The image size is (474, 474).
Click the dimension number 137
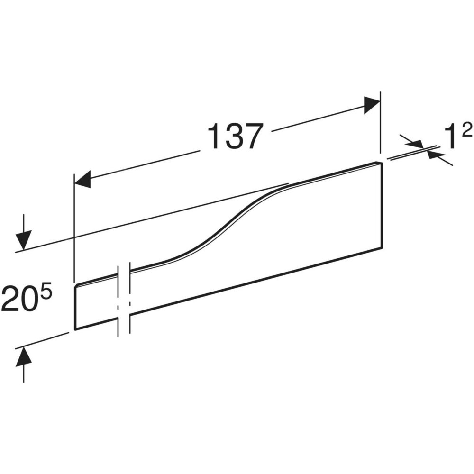(x=234, y=136)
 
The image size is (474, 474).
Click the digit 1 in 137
(x=215, y=136)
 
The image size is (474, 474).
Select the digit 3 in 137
(x=233, y=136)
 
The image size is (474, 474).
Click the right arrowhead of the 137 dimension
(x=372, y=105)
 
